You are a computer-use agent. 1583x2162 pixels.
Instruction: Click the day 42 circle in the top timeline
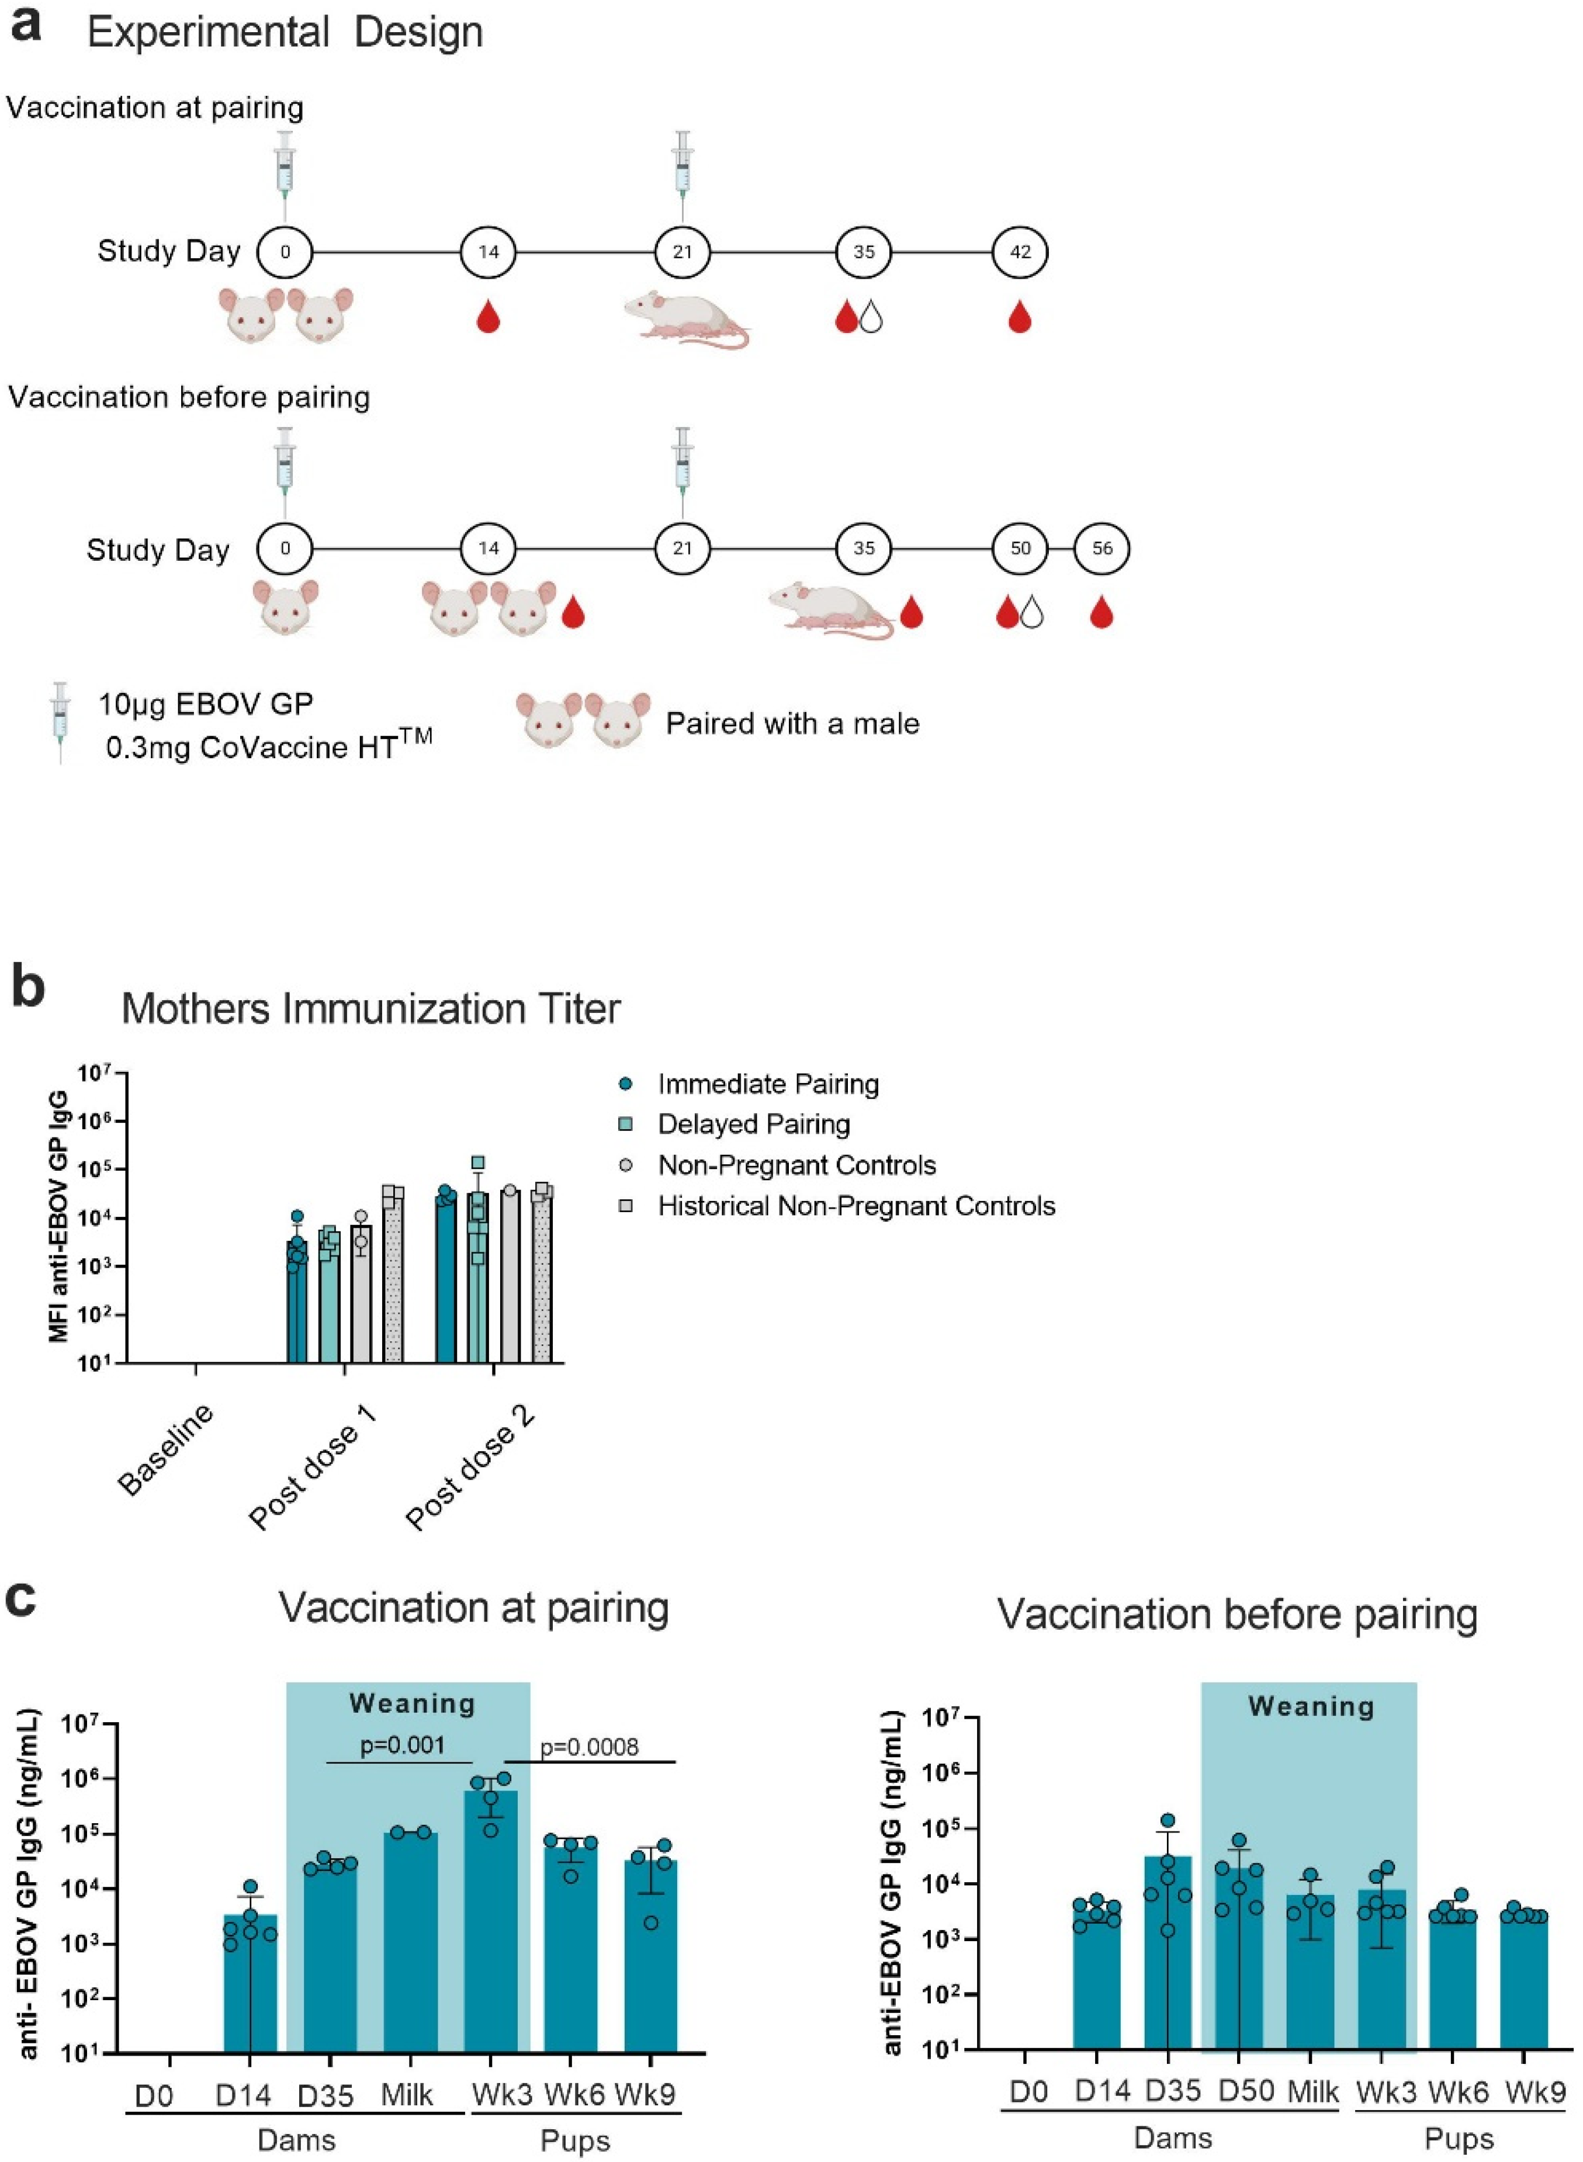click(x=1020, y=252)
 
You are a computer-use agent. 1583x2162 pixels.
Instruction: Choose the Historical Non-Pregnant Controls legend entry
click(x=855, y=1206)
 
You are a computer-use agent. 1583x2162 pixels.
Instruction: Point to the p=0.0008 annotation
click(x=589, y=1747)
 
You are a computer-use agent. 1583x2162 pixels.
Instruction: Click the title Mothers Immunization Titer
click(x=371, y=1009)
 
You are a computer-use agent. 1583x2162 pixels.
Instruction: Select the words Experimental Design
click(x=285, y=33)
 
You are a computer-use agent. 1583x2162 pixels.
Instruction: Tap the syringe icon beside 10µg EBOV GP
click(x=60, y=723)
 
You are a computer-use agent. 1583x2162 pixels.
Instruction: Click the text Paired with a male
click(x=792, y=723)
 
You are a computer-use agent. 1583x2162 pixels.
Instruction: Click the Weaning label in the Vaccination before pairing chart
click(x=1310, y=1706)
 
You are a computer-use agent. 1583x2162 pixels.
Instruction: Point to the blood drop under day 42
click(x=1020, y=318)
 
